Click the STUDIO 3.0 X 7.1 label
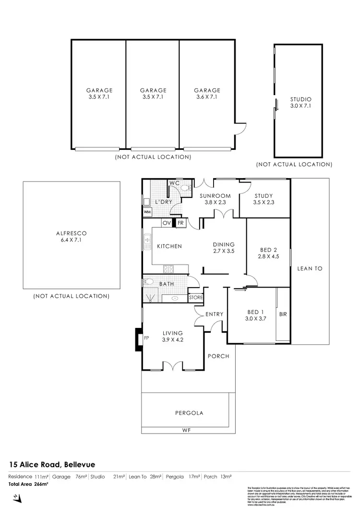coord(300,103)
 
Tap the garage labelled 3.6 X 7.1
coord(207,93)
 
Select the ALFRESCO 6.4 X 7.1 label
coord(71,237)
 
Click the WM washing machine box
coord(147,212)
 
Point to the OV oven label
coord(167,223)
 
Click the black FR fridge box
coord(180,223)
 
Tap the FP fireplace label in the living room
coord(146,338)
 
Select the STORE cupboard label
coord(196,298)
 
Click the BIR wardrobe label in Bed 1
coord(283,315)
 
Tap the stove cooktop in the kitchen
coord(168,268)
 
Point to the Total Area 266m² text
coord(29,484)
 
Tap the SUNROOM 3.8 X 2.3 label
coord(216,199)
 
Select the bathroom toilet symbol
coord(148,283)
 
